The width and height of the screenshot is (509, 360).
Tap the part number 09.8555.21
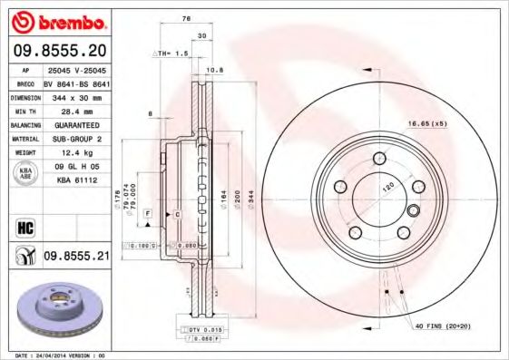point(76,257)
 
